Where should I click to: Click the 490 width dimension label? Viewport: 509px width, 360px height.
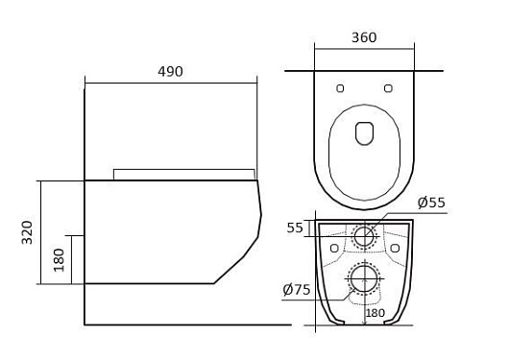[170, 72]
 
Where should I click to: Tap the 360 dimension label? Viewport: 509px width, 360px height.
[364, 37]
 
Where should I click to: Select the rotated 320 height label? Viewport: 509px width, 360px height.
[27, 232]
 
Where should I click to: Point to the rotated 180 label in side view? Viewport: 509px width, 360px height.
[60, 260]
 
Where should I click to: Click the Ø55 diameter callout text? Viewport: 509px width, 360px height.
[431, 203]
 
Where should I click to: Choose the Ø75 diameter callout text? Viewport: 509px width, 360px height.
[297, 290]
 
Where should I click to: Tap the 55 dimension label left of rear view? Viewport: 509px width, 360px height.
[295, 228]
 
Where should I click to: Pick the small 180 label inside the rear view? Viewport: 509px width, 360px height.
[376, 313]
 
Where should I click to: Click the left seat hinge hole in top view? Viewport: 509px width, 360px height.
[340, 88]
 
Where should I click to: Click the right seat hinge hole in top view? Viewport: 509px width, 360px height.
[388, 88]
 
